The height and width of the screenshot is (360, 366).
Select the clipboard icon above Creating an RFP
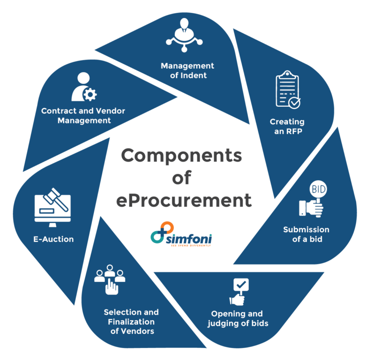pyautogui.click(x=288, y=89)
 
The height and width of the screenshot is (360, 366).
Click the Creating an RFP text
pyautogui.click(x=287, y=126)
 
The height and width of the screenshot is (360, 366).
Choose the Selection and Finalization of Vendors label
pyautogui.click(x=132, y=321)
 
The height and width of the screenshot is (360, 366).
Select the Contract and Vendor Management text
pyautogui.click(x=83, y=115)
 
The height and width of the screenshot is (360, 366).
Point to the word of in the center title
pyautogui.click(x=181, y=178)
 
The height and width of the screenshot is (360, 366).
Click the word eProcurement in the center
pyautogui.click(x=183, y=200)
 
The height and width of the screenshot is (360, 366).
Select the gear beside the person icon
pyautogui.click(x=90, y=95)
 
